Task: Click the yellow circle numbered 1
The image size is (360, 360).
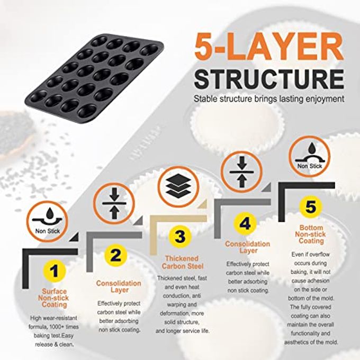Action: [54, 271]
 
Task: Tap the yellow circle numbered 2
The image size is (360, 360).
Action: [115, 255]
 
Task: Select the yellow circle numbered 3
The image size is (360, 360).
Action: [180, 237]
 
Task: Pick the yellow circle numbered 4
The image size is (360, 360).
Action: [245, 223]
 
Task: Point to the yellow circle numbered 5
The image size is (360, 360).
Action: [310, 206]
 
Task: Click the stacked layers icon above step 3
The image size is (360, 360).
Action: [178, 186]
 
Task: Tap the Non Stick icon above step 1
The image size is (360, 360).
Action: [47, 221]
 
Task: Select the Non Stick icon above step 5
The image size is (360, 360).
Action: [309, 157]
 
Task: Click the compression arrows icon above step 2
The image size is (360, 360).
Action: [114, 203]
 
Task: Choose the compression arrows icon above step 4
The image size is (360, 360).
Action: [241, 172]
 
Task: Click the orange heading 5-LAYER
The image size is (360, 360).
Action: [269, 47]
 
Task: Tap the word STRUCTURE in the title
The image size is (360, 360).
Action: [269, 78]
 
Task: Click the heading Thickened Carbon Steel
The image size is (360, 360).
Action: [183, 263]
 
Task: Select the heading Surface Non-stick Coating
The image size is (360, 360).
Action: [53, 298]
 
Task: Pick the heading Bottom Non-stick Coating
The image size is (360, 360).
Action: [311, 235]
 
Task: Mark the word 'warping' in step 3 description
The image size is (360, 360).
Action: [182, 304]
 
